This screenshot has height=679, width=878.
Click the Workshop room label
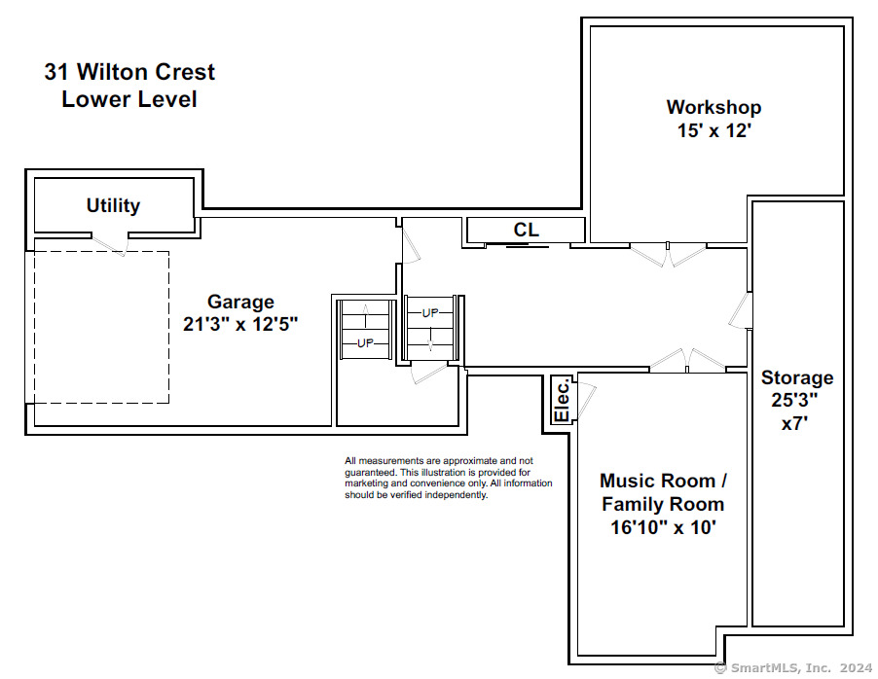(713, 107)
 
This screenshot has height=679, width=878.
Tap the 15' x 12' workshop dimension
(713, 130)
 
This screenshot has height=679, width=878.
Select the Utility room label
(113, 205)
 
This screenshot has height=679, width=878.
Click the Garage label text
(240, 302)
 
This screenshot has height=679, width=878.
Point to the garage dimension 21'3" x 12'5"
(240, 324)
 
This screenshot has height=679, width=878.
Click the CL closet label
(526, 230)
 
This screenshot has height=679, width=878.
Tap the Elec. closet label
(562, 400)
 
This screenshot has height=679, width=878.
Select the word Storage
(797, 377)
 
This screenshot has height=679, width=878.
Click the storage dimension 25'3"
(794, 400)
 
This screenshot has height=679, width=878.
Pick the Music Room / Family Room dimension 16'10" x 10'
(663, 527)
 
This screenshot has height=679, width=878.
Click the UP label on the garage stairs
(365, 342)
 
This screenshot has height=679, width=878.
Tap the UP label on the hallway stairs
(430, 313)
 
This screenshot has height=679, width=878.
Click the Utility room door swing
(110, 244)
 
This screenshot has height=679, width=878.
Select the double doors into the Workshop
(668, 254)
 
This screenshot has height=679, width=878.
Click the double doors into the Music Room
(687, 361)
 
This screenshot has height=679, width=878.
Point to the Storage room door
(740, 310)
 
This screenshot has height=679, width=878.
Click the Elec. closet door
(586, 400)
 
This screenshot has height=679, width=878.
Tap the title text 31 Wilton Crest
(129, 72)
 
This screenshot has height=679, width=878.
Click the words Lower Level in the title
(129, 99)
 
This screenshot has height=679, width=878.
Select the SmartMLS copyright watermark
(793, 667)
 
